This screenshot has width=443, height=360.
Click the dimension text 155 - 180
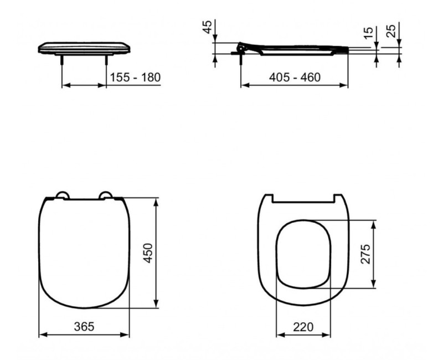[135, 77]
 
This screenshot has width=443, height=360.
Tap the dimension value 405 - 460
[294, 77]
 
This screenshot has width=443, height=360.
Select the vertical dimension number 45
[207, 28]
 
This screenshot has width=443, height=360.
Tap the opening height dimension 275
[364, 254]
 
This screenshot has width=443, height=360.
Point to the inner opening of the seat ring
[303, 254]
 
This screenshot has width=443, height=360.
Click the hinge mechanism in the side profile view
[241, 48]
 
